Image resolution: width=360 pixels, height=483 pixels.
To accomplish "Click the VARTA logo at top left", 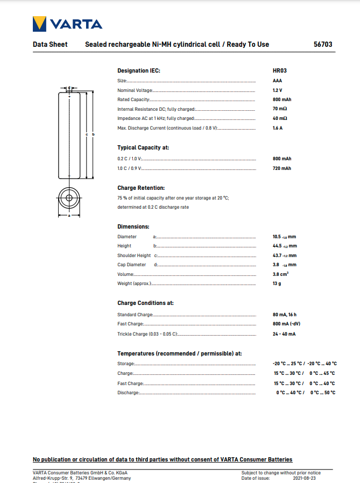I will pyautogui.click(x=67, y=24).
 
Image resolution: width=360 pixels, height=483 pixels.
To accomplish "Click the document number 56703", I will pyautogui.click(x=324, y=44).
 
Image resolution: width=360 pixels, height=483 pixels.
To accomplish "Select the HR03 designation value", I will pyautogui.click(x=279, y=71).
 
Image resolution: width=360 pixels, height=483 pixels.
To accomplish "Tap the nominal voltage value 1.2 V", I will pyautogui.click(x=277, y=90).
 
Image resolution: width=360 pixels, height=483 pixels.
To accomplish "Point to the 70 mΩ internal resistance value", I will pyautogui.click(x=280, y=109).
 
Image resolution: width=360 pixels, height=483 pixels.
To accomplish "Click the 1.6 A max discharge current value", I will pyautogui.click(x=278, y=128).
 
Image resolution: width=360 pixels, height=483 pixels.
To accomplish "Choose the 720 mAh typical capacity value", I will pyautogui.click(x=282, y=168).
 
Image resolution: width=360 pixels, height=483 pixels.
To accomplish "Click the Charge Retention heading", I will pyautogui.click(x=141, y=188).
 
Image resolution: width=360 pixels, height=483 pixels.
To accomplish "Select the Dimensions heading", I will pyautogui.click(x=133, y=226).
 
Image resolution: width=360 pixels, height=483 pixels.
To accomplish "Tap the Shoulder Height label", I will pyautogui.click(x=134, y=255).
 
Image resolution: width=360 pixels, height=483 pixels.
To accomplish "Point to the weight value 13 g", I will pyautogui.click(x=277, y=283).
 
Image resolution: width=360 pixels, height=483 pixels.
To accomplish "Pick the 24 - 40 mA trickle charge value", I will pyautogui.click(x=284, y=334).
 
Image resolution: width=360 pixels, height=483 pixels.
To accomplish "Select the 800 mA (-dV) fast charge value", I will pyautogui.click(x=286, y=324).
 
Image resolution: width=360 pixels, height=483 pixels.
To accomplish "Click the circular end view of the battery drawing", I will pyautogui.click(x=69, y=198).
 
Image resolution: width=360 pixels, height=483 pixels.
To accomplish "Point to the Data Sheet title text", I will pyautogui.click(x=50, y=44).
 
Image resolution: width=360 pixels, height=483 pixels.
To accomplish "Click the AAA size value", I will pyautogui.click(x=278, y=81).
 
